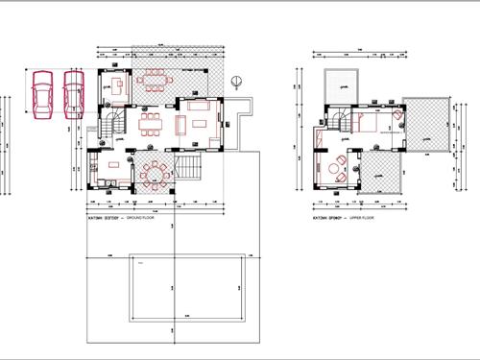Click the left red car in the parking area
41,96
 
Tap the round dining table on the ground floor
156,173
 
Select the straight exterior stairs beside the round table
191,173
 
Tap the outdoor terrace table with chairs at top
154,79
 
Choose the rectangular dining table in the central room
150,124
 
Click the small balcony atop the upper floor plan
340,84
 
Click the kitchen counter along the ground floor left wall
94,173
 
